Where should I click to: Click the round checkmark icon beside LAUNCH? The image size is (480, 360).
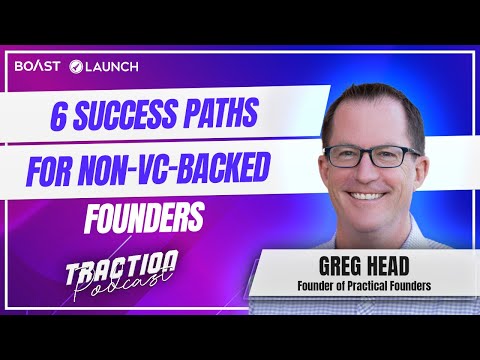77,66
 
